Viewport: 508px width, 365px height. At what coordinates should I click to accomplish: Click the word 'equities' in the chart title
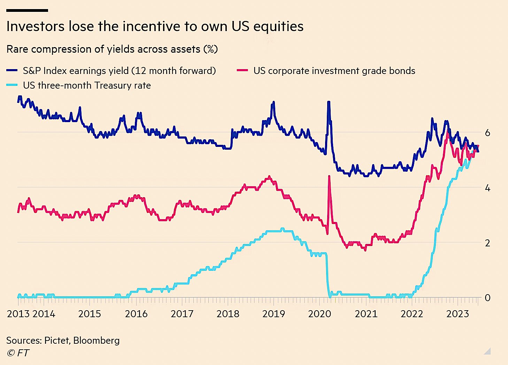278,27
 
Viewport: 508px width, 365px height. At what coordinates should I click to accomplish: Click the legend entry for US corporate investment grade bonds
334,71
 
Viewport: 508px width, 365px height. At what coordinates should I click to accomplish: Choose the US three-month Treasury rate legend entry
87,85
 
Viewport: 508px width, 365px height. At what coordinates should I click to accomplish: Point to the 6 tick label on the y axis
487,133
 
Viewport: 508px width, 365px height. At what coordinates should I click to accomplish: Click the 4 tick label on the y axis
487,188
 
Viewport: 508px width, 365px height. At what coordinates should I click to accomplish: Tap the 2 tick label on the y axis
487,243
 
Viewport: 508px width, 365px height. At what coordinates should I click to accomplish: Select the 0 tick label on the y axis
487,298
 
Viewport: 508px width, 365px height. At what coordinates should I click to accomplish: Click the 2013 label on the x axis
18,314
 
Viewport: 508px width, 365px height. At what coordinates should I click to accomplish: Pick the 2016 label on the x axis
136,314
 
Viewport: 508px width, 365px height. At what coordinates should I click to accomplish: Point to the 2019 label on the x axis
274,314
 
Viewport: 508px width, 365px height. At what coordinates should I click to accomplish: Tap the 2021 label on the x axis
366,314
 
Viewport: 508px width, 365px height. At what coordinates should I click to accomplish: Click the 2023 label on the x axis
457,314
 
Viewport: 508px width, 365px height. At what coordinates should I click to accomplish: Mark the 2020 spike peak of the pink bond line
329,176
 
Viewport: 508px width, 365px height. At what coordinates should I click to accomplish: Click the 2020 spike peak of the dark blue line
328,102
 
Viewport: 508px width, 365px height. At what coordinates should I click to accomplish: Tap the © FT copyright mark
18,353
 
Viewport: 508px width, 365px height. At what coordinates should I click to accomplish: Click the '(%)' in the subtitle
210,49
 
